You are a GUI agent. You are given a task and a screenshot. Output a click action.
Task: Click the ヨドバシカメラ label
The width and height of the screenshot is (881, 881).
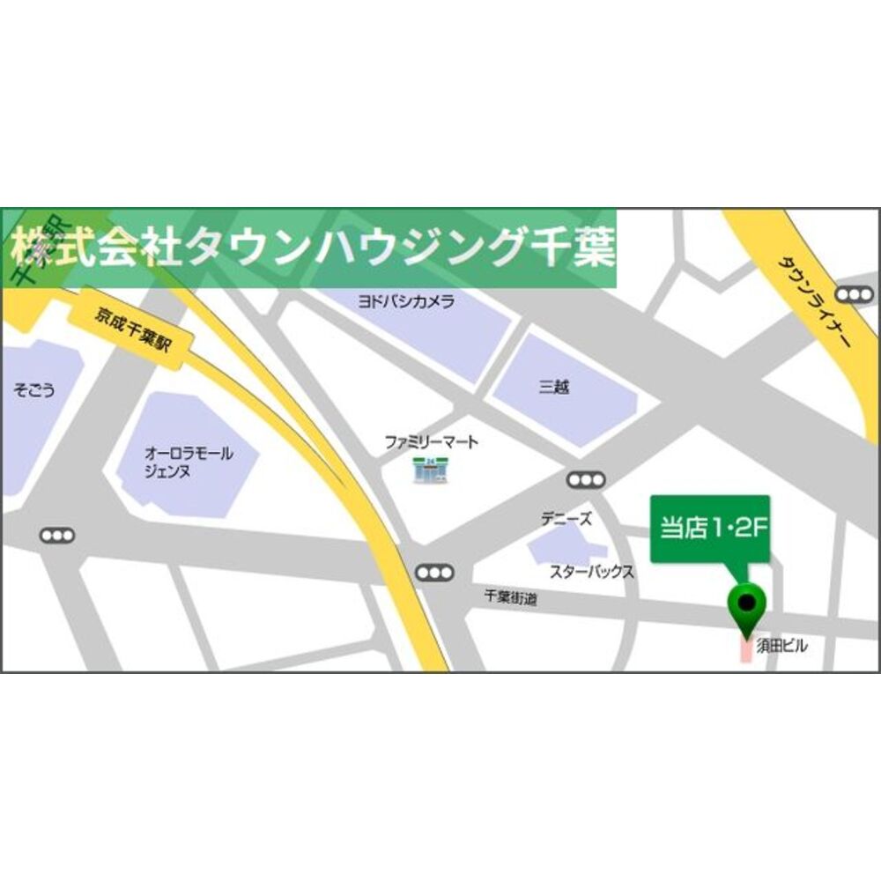[x=406, y=301]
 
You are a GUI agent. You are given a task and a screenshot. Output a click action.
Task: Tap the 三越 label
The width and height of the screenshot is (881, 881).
[x=554, y=386]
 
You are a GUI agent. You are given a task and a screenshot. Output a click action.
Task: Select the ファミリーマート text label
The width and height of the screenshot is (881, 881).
[x=431, y=442]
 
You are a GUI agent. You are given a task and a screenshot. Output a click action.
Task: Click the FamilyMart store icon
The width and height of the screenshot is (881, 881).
[x=431, y=470]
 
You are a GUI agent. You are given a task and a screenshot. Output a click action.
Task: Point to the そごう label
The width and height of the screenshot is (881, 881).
[x=34, y=389]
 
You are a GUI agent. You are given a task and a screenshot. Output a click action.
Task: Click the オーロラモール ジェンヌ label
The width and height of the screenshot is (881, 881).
[x=189, y=463]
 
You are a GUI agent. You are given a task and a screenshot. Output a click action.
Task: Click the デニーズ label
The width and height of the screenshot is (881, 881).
[x=566, y=520]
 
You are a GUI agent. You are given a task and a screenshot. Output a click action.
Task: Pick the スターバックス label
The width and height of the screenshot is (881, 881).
[x=591, y=572]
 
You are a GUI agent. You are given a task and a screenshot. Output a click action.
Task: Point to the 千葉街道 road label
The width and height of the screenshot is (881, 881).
[x=510, y=597]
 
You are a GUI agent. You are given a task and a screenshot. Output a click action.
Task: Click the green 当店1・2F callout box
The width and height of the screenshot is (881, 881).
[x=710, y=529]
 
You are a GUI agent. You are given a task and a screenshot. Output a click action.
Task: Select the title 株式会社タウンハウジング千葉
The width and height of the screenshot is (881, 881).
[x=313, y=248]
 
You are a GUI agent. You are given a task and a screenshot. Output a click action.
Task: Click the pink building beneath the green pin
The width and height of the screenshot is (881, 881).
[x=744, y=650]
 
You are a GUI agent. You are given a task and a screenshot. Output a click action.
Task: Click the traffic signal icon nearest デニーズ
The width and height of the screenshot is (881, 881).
[x=586, y=480]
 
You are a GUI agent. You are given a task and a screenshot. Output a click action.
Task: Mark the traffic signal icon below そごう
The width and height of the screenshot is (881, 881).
[x=58, y=535]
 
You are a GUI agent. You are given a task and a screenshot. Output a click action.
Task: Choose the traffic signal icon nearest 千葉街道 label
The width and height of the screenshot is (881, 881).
[x=434, y=573]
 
